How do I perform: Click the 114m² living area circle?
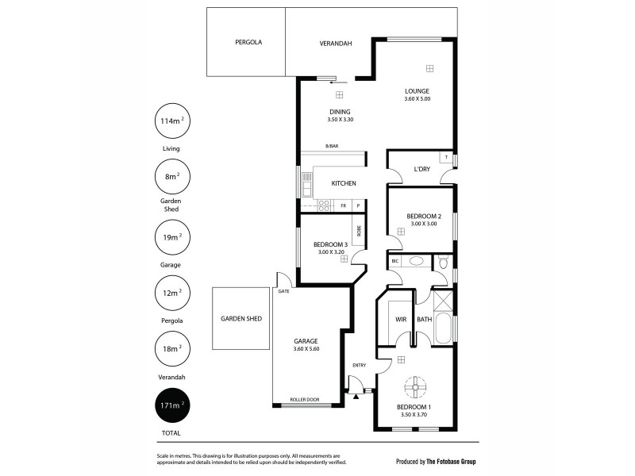pyautogui.click(x=171, y=121)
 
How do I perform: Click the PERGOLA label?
pyautogui.click(x=248, y=42)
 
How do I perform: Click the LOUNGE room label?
pyautogui.click(x=417, y=90)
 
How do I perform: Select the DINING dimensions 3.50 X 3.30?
pyautogui.click(x=340, y=120)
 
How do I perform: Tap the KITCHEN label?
pyautogui.click(x=344, y=183)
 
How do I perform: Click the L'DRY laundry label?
pyautogui.click(x=421, y=168)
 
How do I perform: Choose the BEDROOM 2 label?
pyautogui.click(x=423, y=216)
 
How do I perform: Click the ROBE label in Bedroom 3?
pyautogui.click(x=359, y=231)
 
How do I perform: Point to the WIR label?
pyautogui.click(x=401, y=320)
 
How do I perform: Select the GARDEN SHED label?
pyautogui.click(x=241, y=319)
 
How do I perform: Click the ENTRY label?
pyautogui.click(x=360, y=365)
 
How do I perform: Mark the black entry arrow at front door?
pyautogui.click(x=356, y=397)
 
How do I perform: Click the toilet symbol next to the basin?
pyautogui.click(x=443, y=261)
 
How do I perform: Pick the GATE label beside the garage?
pyautogui.click(x=283, y=291)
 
